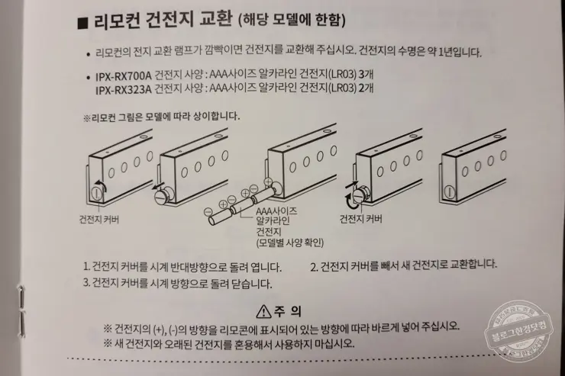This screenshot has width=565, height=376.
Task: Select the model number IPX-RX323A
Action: [x=123, y=89]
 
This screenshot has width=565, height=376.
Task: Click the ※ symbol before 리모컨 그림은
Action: [x=86, y=118]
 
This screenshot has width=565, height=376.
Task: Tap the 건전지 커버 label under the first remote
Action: [x=99, y=219]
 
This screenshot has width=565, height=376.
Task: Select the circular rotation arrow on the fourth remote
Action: [x=352, y=198]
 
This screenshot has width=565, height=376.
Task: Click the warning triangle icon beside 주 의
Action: [x=264, y=310]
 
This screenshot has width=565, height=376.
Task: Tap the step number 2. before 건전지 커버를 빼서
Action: [x=315, y=266]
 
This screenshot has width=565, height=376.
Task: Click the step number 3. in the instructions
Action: [x=87, y=283]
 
